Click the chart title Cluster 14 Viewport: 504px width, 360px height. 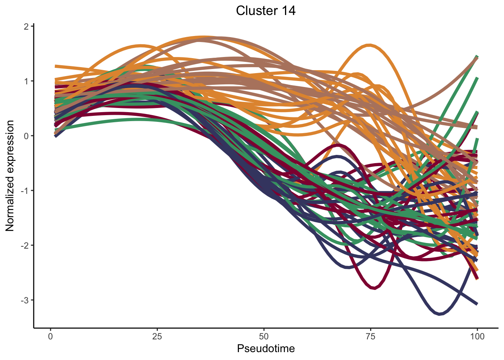coord(265,10)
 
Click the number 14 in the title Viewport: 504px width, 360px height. coord(288,10)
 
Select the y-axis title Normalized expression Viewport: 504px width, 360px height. coord(10,176)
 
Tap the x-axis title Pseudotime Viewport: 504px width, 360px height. coord(266,349)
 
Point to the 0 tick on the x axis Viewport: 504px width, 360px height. coord(50,336)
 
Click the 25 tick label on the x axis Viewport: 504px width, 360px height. coord(157,336)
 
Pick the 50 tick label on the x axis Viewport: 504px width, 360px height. coord(264,336)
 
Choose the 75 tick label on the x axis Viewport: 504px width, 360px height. coord(370,336)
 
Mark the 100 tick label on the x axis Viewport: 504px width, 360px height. coord(477,336)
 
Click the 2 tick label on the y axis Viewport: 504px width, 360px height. coord(26,26)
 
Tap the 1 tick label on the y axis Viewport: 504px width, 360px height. coord(26,81)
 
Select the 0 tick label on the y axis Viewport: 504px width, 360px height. coord(26,136)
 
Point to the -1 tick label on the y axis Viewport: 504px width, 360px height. coord(25,190)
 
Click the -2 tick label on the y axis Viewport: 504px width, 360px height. coord(25,245)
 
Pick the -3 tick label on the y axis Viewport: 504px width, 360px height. coord(25,300)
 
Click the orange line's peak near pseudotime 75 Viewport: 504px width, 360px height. coord(370,45)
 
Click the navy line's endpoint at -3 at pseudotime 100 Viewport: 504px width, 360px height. coord(477,304)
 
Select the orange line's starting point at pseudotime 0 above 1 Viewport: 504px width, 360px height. coord(56,66)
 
